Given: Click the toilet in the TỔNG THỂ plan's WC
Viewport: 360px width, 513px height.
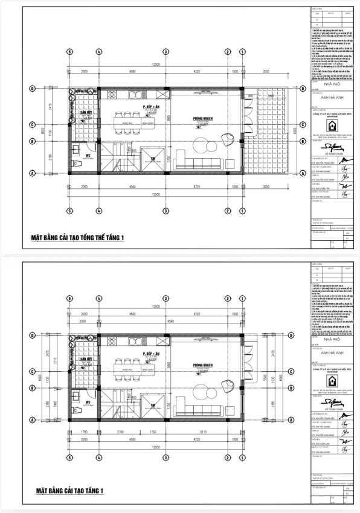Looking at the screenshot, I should (x=74, y=164).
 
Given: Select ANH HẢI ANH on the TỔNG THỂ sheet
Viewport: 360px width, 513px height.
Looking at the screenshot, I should (x=327, y=101).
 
